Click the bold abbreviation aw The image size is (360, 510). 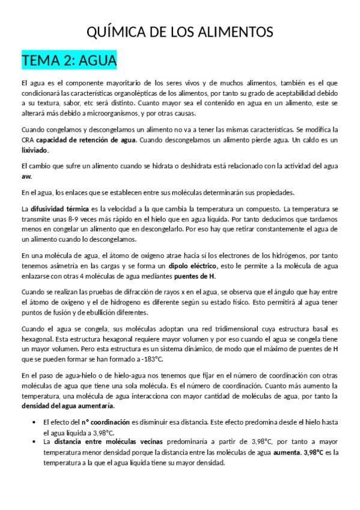tap(26, 176)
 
